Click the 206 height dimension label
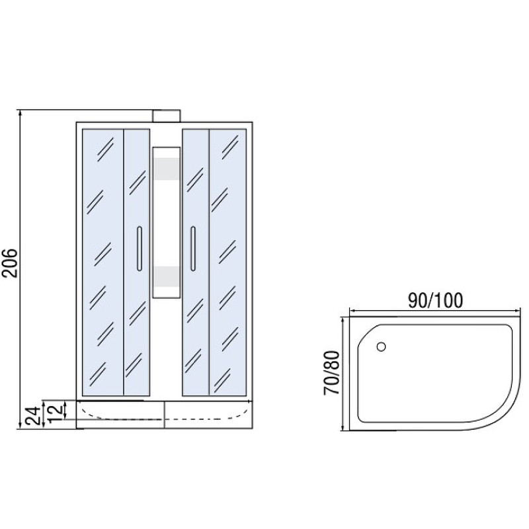10,263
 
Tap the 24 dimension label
34,415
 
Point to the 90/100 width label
435,300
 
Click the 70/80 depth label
331,372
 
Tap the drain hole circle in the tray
382,346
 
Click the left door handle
140,249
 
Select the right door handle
193,249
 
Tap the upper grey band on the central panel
167,169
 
